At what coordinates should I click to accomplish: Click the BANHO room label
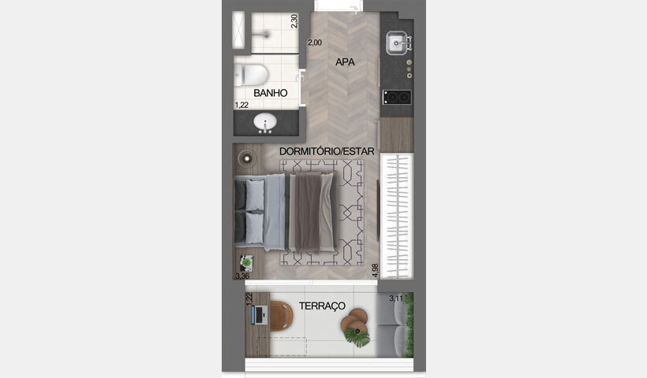click(270, 93)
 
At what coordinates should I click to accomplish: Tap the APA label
click(344, 61)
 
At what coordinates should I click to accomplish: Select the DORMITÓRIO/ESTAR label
click(327, 150)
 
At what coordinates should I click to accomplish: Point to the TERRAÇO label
click(322, 305)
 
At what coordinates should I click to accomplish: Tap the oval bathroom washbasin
click(264, 123)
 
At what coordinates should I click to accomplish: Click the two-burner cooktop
click(397, 97)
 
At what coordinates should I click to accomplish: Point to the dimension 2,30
click(294, 21)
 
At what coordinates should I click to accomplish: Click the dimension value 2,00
click(315, 43)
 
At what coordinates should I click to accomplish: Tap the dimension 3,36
click(242, 276)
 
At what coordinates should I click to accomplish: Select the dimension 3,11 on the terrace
click(397, 298)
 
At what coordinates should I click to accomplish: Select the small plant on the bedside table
click(247, 262)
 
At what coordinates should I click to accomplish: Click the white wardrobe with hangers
click(396, 215)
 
